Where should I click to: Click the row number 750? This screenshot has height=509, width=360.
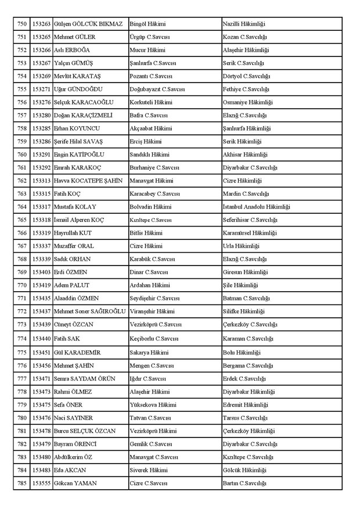coord(22,24)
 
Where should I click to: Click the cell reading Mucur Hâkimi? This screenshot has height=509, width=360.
coord(147,50)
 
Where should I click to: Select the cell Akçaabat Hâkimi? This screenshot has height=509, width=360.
coord(151,128)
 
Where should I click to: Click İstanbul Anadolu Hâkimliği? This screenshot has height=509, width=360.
coord(257,207)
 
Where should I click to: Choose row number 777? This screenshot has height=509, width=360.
coord(22,377)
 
